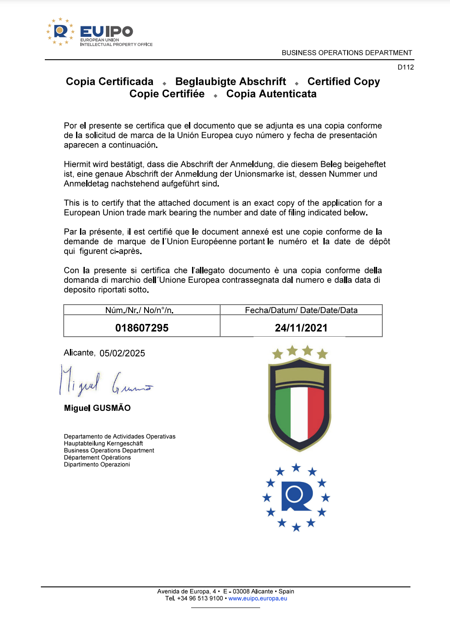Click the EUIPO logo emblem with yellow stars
(60, 32)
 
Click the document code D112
(406, 67)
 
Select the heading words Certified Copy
(343, 82)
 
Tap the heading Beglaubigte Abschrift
(231, 82)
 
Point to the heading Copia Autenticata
(271, 94)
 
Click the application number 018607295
(142, 328)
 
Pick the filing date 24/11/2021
(301, 328)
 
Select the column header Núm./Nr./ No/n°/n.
(139, 310)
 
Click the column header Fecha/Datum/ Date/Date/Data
(301, 310)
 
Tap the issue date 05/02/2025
(122, 353)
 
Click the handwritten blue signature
(105, 381)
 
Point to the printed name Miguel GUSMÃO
(97, 408)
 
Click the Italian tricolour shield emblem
(300, 403)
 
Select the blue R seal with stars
(296, 497)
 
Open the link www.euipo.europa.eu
(258, 598)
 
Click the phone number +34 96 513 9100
(200, 598)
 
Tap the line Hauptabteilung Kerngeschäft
(103, 443)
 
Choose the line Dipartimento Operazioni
(97, 464)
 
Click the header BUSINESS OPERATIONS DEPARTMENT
(347, 53)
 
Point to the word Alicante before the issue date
(79, 352)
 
